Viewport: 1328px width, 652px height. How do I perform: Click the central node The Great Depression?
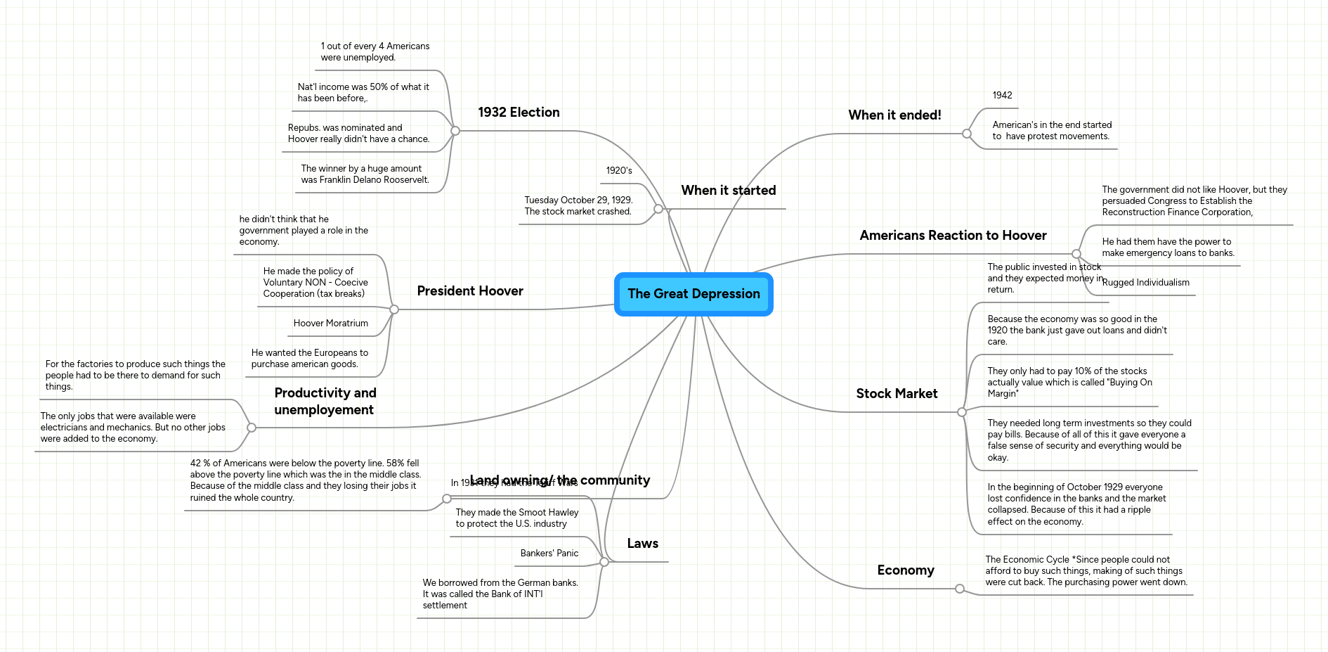694,294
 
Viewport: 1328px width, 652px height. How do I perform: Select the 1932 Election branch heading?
519,113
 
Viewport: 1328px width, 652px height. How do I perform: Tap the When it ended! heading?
894,115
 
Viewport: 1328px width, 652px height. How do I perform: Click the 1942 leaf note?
1002,96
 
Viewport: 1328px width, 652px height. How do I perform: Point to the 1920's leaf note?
619,171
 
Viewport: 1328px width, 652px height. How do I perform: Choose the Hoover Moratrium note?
330,324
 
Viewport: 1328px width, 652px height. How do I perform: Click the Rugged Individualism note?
1145,283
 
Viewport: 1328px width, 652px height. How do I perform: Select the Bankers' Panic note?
549,554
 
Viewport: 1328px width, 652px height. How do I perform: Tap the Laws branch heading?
642,544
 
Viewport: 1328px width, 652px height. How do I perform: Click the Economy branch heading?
905,570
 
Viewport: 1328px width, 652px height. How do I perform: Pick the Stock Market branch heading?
897,394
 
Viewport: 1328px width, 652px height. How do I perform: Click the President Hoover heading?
469,291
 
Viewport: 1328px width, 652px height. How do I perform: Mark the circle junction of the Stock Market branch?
962,412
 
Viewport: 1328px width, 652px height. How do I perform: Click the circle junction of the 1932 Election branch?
455,131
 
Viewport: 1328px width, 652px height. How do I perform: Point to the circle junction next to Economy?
960,589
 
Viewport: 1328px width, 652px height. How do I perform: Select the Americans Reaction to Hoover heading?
953,236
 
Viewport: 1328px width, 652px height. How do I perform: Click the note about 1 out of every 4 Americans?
375,52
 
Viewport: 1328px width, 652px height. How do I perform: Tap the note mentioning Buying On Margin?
1069,383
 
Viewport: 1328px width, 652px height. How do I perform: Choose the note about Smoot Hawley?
516,518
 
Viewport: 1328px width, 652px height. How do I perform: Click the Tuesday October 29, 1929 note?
578,206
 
